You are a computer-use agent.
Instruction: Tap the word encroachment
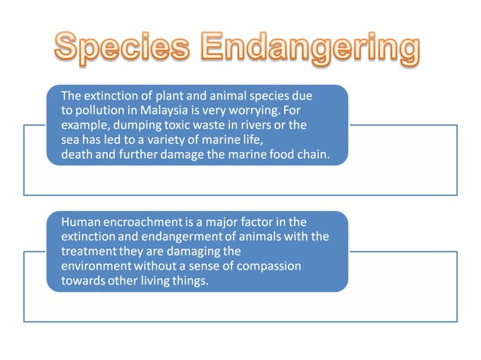point(146,222)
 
